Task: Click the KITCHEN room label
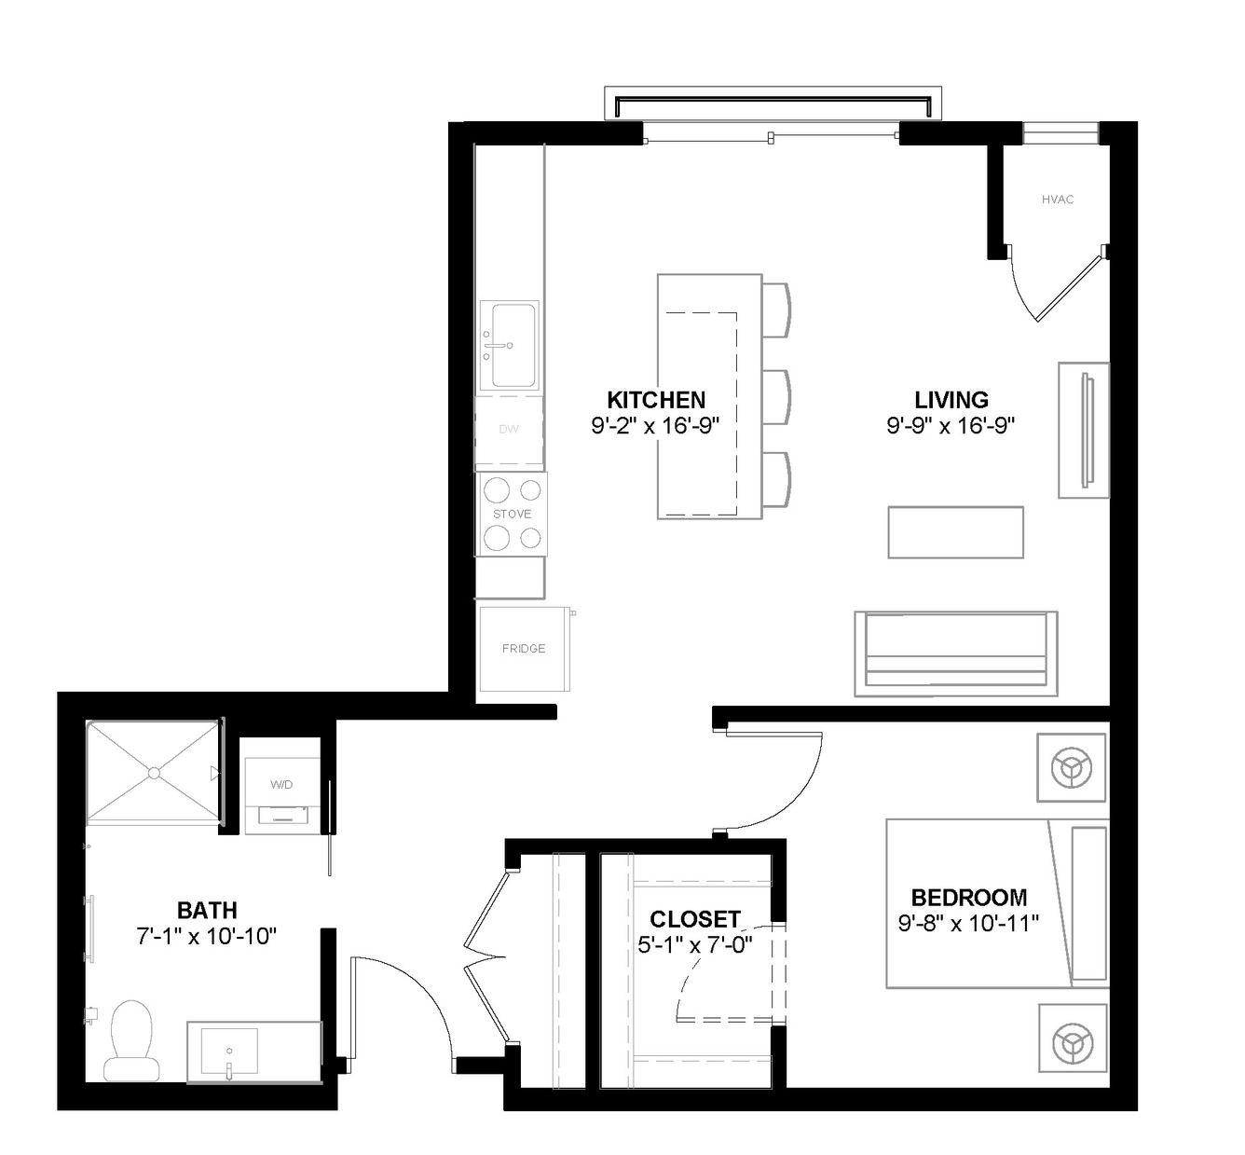coord(656,400)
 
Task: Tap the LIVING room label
coord(951,400)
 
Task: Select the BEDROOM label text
coord(968,898)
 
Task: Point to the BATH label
coord(207,911)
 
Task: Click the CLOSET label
coord(695,919)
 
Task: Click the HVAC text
coord(1058,199)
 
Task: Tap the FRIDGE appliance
coord(524,649)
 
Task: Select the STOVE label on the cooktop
coord(513,514)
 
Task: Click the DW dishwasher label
coord(509,429)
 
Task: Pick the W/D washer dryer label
coord(281,785)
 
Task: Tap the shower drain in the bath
coord(154,774)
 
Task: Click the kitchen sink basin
coord(514,344)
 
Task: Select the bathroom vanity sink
coord(229,1052)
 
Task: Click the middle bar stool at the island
coord(776,397)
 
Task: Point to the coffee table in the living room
coord(955,532)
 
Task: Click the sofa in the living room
coord(956,653)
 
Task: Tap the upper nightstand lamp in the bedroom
coord(1072,767)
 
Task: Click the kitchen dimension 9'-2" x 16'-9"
coord(655,426)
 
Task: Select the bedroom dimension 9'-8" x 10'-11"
coord(968,924)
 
